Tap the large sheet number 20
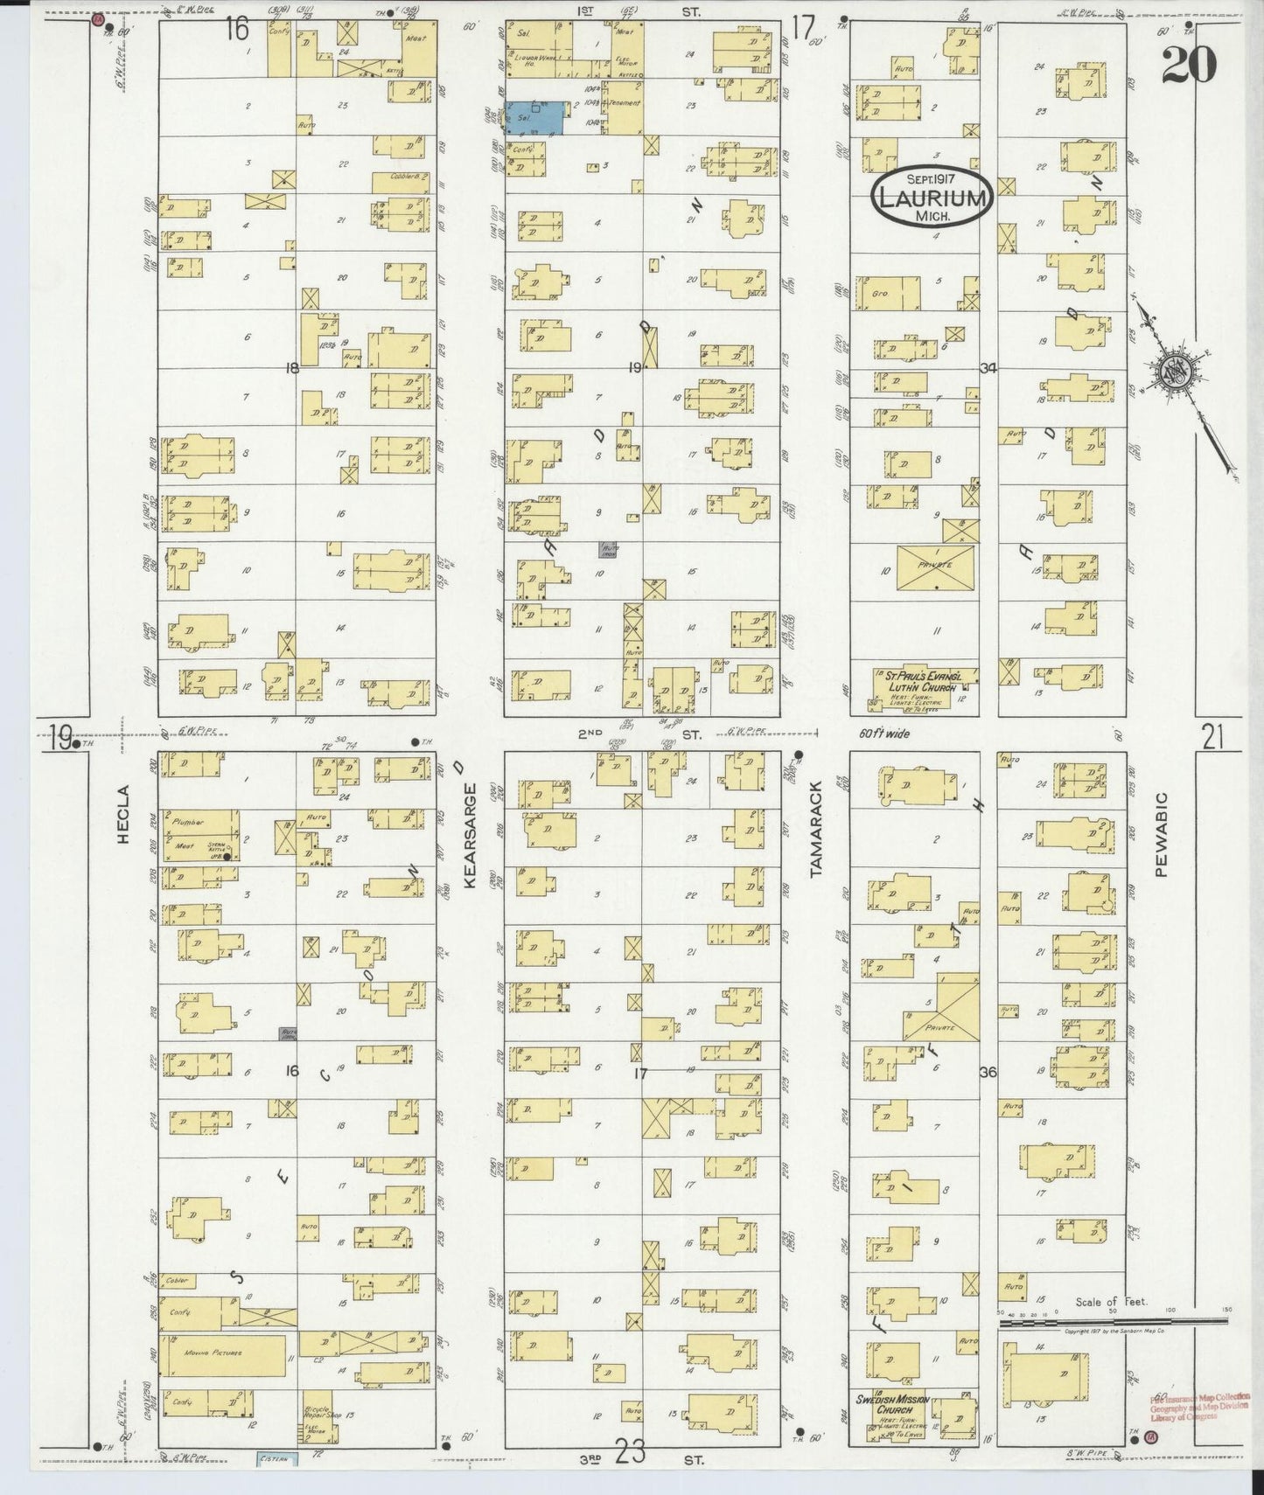[x=1189, y=65]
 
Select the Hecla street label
[x=123, y=825]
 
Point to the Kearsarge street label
[x=470, y=835]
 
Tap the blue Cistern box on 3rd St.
[x=277, y=1459]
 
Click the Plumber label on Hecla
[x=188, y=822]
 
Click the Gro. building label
[x=879, y=294]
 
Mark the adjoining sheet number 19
[x=59, y=740]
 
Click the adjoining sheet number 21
[x=1212, y=740]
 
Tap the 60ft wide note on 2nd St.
[x=880, y=734]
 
